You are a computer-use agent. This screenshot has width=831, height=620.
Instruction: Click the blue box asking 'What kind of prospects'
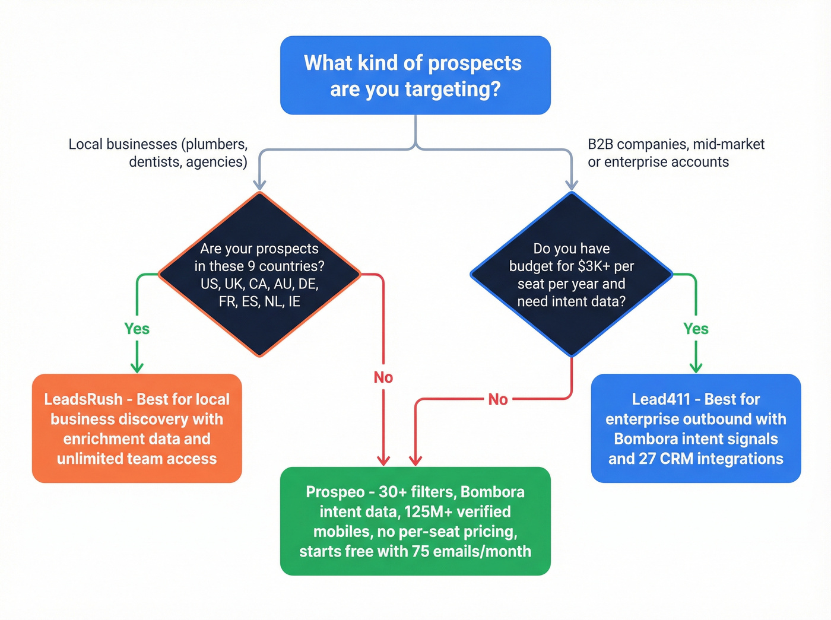[415, 75]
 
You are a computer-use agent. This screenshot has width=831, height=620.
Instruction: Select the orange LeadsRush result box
[137, 428]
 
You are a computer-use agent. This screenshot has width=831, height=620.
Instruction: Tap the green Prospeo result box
[415, 521]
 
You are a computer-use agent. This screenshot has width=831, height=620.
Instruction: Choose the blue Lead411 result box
[696, 428]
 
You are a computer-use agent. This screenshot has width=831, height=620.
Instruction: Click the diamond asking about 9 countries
[259, 274]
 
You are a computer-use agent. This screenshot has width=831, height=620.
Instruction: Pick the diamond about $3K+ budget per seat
[571, 274]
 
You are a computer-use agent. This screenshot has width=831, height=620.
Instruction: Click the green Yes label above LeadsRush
[137, 329]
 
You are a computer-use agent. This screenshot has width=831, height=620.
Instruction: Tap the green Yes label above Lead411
[696, 329]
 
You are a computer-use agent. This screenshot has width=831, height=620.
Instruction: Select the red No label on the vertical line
[383, 377]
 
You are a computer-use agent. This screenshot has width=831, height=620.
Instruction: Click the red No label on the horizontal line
[497, 399]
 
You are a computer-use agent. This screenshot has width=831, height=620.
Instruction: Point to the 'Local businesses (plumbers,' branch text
[158, 144]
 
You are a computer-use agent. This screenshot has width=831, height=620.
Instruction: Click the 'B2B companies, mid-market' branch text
[676, 144]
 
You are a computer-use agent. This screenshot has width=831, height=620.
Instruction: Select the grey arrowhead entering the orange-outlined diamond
[259, 185]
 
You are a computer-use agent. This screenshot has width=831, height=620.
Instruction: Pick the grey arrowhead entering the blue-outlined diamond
[571, 185]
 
